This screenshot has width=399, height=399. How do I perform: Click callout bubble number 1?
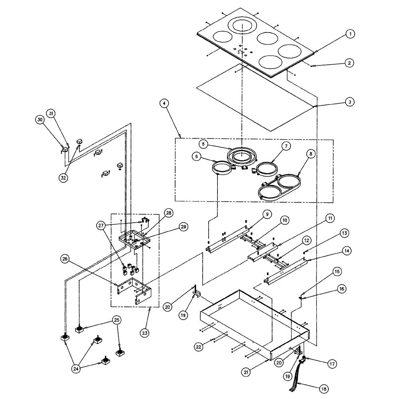[350, 34]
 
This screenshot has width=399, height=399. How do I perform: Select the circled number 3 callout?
[349, 102]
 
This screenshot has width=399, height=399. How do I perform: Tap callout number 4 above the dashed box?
[164, 103]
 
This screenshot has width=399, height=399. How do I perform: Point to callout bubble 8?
[310, 153]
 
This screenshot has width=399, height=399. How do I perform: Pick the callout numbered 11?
[330, 218]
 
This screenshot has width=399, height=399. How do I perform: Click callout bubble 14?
[346, 251]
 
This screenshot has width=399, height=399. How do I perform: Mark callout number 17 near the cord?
[332, 364]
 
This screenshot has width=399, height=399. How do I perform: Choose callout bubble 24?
[76, 369]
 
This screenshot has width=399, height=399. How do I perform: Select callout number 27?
[101, 225]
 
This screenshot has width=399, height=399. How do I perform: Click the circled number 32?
[63, 178]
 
